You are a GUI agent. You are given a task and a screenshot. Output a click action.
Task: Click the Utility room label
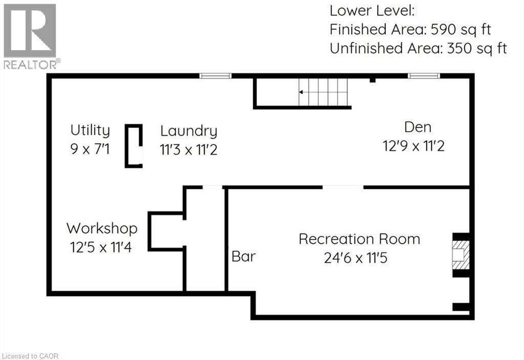pyautogui.click(x=90, y=130)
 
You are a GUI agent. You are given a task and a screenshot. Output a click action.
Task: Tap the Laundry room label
pyautogui.click(x=188, y=131)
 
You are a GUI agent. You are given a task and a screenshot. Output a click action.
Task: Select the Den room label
pyautogui.click(x=418, y=126)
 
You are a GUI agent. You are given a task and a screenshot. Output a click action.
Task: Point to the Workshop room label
pyautogui.click(x=101, y=228)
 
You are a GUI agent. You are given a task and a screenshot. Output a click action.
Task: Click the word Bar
pyautogui.click(x=243, y=256)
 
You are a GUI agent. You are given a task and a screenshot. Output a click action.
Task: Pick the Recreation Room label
pyautogui.click(x=359, y=239)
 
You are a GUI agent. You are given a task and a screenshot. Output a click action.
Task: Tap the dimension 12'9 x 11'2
pyautogui.click(x=413, y=146)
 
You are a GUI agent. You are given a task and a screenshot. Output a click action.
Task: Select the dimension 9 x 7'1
pyautogui.click(x=90, y=150)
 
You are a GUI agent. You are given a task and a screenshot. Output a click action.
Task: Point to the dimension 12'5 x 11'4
pyautogui.click(x=101, y=248)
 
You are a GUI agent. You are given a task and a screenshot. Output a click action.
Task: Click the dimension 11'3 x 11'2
pyautogui.click(x=188, y=151)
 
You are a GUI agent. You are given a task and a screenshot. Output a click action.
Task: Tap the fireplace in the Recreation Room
pyautogui.click(x=461, y=254)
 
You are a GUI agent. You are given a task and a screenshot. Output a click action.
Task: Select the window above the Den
pyautogui.click(x=423, y=76)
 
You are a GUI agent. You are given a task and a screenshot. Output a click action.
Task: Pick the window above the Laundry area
pyautogui.click(x=215, y=76)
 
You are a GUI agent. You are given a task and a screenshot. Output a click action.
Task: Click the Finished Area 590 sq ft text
pyautogui.click(x=410, y=29)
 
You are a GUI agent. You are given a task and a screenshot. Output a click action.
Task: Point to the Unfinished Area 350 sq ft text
pyautogui.click(x=418, y=49)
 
